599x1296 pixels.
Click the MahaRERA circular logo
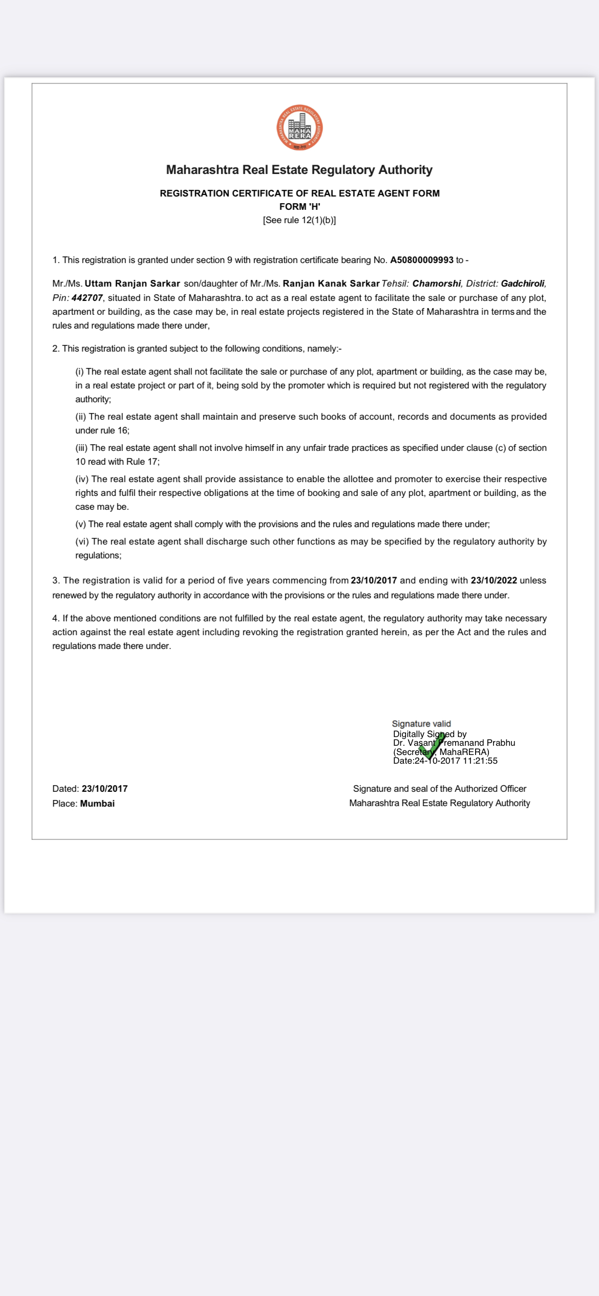point(299,128)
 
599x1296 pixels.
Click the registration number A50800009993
point(421,260)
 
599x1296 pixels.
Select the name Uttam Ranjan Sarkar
point(132,284)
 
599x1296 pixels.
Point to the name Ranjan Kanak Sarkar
point(331,284)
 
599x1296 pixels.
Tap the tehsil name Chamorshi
point(436,284)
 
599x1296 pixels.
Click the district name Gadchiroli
point(523,284)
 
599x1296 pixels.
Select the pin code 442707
point(87,298)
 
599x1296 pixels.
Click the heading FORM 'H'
point(299,207)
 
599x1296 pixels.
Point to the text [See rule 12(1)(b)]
point(299,220)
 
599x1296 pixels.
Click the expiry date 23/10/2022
point(494,580)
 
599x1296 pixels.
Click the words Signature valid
point(421,724)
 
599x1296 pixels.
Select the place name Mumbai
point(97,804)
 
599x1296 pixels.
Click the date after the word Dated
point(104,789)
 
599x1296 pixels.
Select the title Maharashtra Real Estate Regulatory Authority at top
point(299,170)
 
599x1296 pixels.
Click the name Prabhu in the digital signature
point(501,743)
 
